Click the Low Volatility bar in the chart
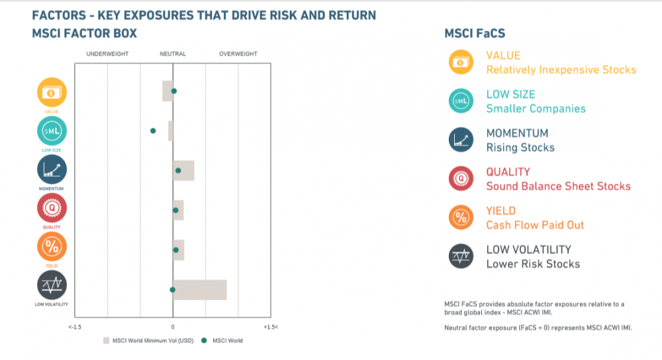coord(200,290)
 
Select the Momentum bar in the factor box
coord(183,171)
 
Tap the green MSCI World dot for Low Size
coord(153,131)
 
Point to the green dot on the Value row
coord(174,91)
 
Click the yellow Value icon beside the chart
coord(52,93)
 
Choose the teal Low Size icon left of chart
coord(52,132)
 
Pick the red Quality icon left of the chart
coord(52,209)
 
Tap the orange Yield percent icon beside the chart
coord(52,248)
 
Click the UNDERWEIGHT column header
coord(107,54)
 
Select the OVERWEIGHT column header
coord(238,54)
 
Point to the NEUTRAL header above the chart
coord(173,54)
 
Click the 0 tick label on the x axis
coord(173,327)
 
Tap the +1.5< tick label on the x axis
coord(271,327)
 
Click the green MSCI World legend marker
coord(205,341)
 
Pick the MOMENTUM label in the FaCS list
coord(517,133)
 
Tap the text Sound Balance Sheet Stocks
coord(558,186)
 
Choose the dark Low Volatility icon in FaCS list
coord(461,256)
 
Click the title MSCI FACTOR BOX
coord(85,34)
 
